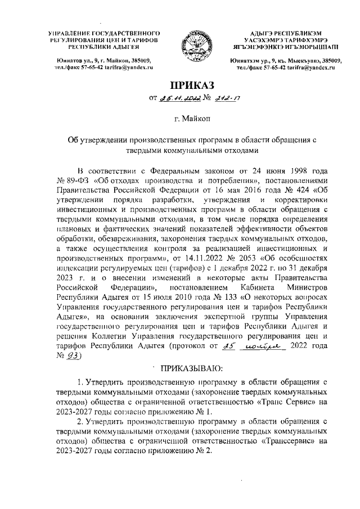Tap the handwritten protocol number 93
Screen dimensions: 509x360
tap(75, 356)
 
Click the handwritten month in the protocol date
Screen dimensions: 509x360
tap(262, 345)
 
